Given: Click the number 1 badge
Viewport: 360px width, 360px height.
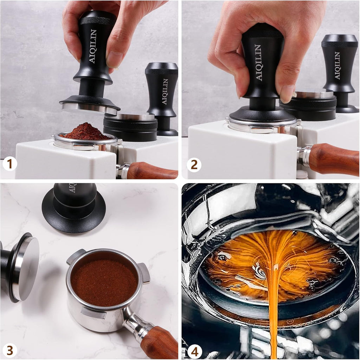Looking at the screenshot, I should point(10,164).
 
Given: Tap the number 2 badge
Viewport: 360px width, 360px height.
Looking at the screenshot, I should point(194,164).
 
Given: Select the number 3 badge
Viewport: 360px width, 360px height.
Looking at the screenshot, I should point(10,350).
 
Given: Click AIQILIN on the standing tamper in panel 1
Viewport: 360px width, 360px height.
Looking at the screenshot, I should point(165,91).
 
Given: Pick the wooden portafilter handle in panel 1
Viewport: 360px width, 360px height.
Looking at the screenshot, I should point(151,171).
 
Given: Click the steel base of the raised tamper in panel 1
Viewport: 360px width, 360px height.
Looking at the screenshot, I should point(89,109).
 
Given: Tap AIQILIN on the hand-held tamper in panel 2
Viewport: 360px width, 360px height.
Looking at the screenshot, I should point(258,63).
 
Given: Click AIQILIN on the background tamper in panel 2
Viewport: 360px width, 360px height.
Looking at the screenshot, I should point(337,65).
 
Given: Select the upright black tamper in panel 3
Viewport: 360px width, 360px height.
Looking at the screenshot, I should point(74,207).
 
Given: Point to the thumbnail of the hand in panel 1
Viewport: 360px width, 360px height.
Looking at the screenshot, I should point(115,60).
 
